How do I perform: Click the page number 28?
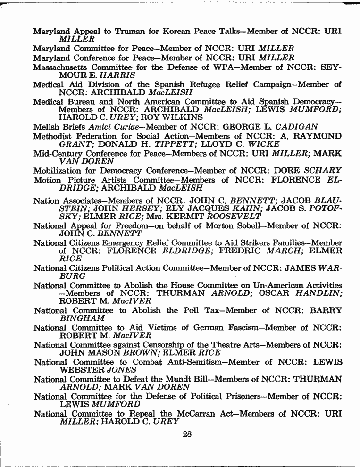point(187,434)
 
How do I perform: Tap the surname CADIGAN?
point(298,126)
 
